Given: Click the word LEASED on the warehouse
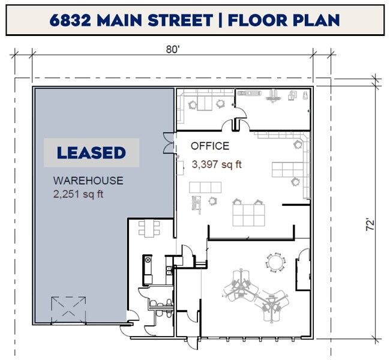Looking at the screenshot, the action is (91, 152).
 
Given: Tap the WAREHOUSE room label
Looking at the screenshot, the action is (88, 181).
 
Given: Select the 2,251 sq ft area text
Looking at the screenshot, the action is (78, 194).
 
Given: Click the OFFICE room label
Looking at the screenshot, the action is (210, 146).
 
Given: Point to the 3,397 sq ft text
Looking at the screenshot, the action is (217, 164).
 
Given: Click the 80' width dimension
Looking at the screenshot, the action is (173, 50).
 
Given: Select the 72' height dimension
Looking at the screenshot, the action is (371, 224).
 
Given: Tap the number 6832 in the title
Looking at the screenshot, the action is (70, 20).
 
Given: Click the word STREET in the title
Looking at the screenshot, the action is (181, 20).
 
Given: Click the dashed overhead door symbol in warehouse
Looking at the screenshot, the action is (68, 310).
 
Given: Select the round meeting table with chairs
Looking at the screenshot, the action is (275, 263).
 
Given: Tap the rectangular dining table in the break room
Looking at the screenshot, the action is (149, 229).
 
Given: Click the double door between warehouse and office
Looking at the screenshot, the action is (169, 143).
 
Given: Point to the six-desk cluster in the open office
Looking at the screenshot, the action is (248, 213).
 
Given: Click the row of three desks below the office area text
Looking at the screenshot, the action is (205, 187).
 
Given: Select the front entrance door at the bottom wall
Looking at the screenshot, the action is (193, 343).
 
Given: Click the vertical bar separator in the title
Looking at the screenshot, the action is (220, 20).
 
